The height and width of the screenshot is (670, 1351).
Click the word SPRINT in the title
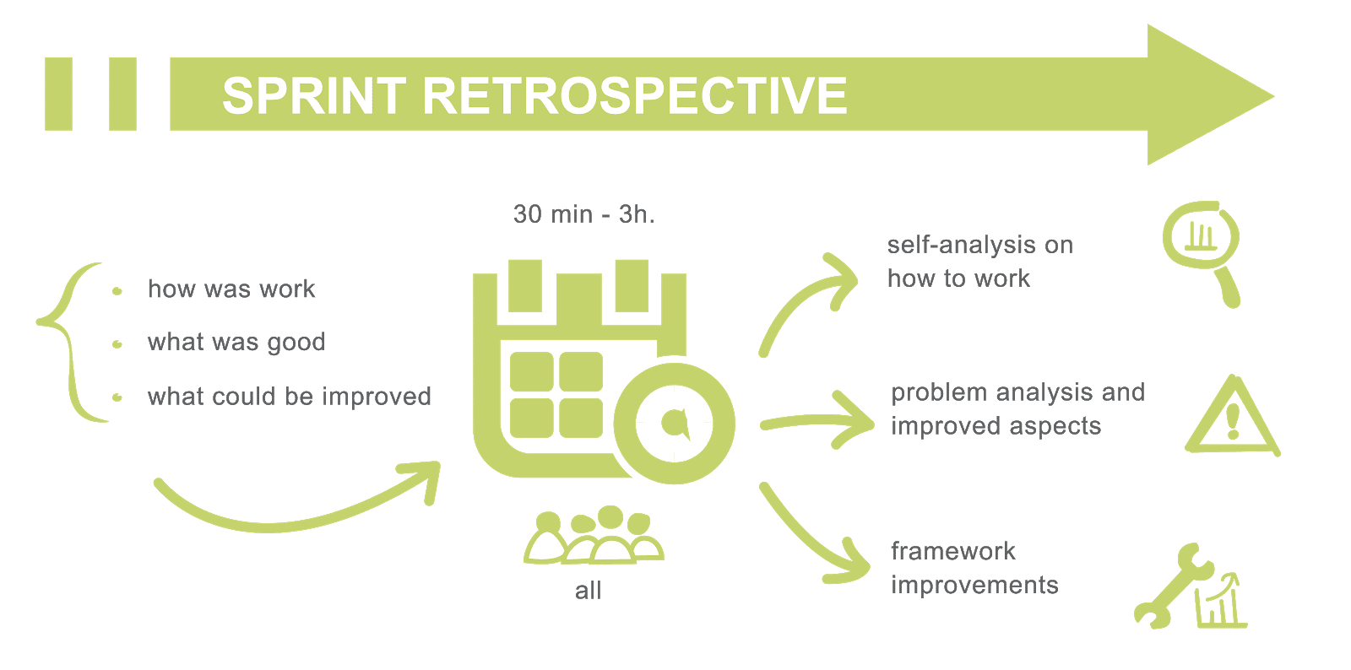(x=314, y=95)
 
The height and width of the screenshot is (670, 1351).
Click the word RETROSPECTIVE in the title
(x=634, y=95)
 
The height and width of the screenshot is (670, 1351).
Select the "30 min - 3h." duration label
(x=583, y=214)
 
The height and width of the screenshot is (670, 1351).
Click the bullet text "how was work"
(x=232, y=289)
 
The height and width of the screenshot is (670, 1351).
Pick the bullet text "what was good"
(x=236, y=343)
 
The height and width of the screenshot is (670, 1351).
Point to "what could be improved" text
(x=290, y=396)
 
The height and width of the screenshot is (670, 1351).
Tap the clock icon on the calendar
(x=673, y=422)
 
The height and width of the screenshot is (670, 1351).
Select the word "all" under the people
(x=589, y=590)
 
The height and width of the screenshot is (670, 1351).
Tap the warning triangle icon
(x=1233, y=418)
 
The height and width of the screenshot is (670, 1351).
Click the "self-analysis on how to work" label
(x=979, y=262)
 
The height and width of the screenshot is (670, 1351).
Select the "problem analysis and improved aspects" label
(x=1017, y=409)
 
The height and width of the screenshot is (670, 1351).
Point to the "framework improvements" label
(x=975, y=568)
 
